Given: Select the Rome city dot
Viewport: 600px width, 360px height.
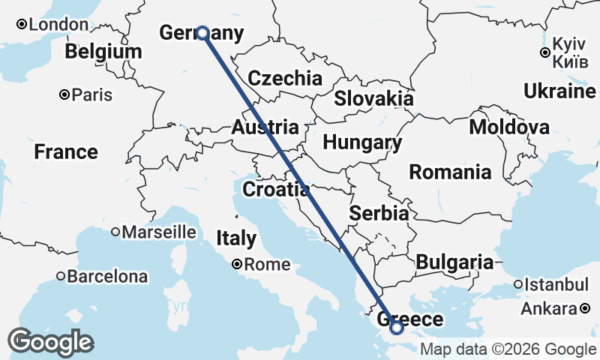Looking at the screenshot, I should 237,264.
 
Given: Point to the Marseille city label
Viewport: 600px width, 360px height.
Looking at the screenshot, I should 158,232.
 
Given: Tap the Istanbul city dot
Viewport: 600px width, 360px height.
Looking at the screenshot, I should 518,284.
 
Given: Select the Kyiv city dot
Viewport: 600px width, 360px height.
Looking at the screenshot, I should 545,52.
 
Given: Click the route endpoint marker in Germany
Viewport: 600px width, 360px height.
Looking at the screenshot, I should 202,33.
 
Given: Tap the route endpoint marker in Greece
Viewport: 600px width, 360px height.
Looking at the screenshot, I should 397,327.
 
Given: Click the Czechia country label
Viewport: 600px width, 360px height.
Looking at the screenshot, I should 285,78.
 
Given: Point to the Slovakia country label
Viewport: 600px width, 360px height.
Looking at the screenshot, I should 373,97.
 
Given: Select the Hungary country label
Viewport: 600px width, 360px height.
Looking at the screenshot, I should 362,142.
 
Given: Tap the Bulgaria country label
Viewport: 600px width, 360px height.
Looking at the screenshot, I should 454,262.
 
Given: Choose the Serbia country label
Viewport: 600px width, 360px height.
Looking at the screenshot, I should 379,214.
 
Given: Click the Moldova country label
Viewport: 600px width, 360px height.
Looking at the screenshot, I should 509,127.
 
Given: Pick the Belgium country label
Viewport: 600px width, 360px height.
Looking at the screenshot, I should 103,52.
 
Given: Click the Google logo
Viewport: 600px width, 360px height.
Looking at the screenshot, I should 51,343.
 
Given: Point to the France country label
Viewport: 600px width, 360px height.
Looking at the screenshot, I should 66,152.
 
